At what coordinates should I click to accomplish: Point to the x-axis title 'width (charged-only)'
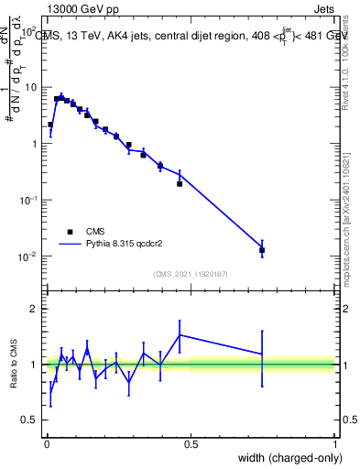286,457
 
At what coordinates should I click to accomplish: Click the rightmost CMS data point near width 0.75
262,249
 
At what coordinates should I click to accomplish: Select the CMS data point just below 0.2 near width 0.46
180,183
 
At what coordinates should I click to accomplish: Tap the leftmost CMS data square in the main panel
50,125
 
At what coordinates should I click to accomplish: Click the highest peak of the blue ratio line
180,334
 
